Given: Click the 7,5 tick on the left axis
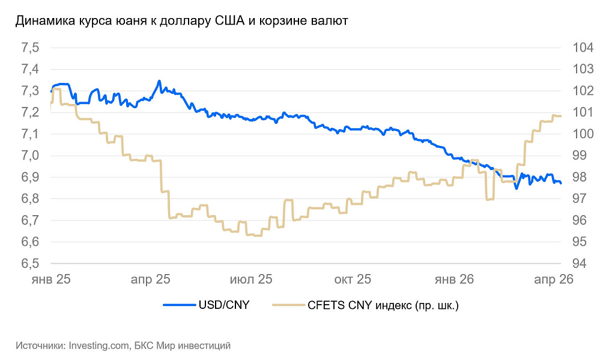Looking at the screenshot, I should coord(29,48).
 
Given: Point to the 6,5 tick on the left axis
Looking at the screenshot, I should coord(29,264).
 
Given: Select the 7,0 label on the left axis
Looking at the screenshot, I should coord(29,156).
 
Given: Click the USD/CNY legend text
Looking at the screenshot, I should coord(223,306).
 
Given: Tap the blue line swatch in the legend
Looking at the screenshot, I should coord(178,306).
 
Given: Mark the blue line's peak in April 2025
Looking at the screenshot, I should coord(159,81).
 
